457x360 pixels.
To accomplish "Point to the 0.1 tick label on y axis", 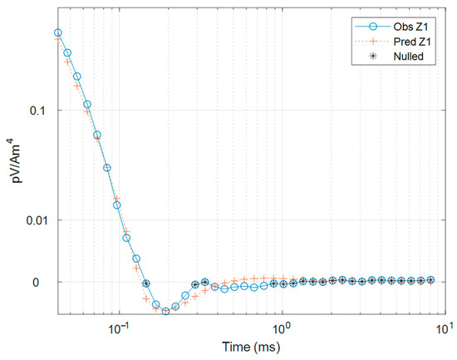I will click(x=37, y=111).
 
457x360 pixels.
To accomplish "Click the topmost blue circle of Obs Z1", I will click(x=57, y=33).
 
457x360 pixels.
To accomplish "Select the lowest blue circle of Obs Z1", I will click(x=165, y=311).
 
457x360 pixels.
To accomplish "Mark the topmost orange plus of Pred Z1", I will click(x=57, y=39).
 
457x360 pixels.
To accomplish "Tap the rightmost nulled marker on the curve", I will click(x=430, y=280).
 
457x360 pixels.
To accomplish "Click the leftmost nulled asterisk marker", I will click(x=146, y=283).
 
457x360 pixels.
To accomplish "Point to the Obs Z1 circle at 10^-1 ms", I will click(x=116, y=205).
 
